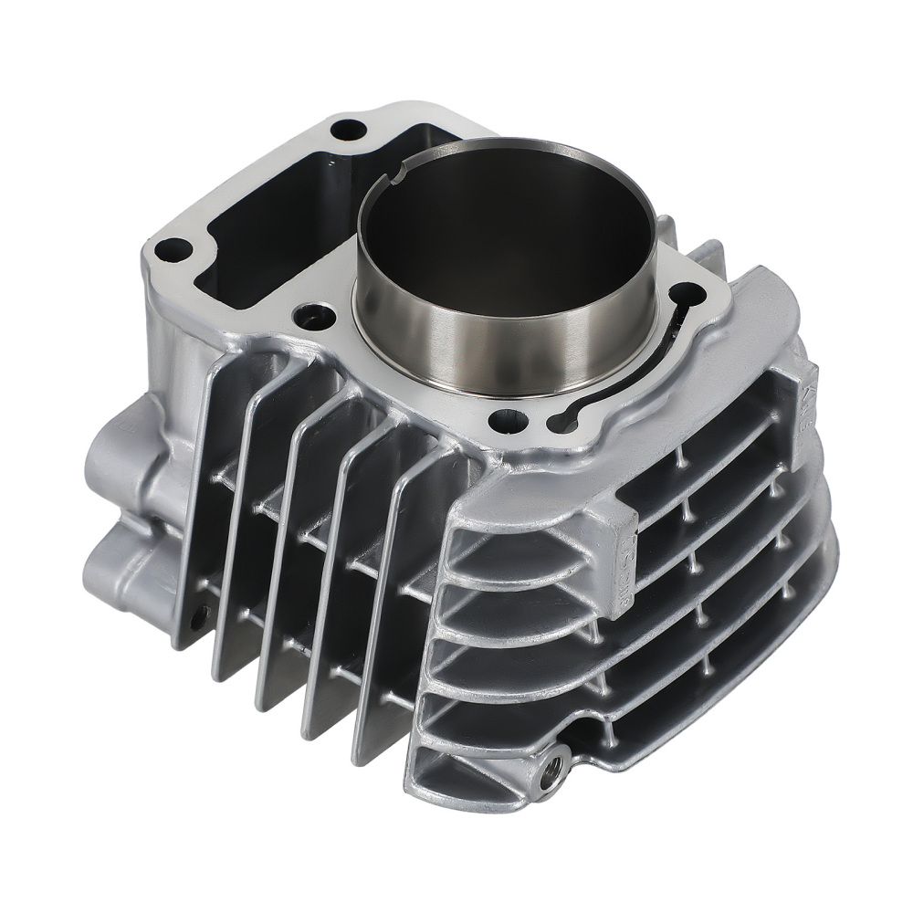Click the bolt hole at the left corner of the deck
pos(173,247)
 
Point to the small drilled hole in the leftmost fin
pos(202,610)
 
